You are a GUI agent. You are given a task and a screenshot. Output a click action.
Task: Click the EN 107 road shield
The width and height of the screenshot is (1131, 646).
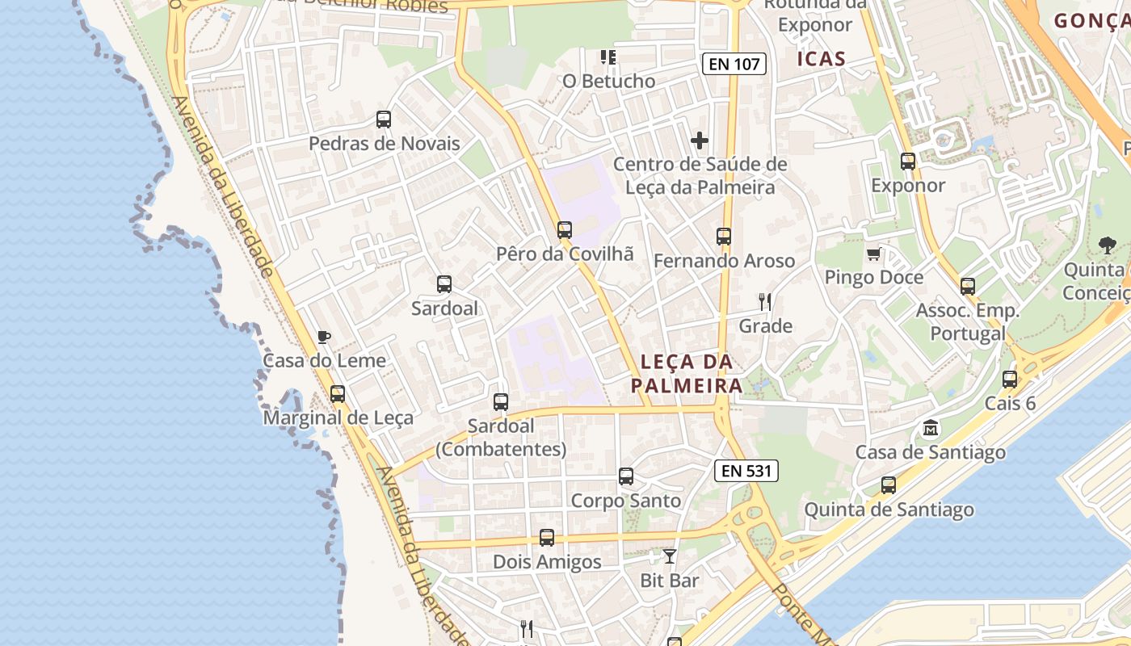tap(734, 64)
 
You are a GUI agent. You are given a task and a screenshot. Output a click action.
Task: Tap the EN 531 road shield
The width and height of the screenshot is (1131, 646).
tap(746, 471)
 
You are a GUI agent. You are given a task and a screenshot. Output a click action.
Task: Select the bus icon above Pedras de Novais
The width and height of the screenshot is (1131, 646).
tap(384, 120)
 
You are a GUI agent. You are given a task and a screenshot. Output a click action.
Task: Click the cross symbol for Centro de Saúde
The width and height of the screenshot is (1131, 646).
tap(700, 141)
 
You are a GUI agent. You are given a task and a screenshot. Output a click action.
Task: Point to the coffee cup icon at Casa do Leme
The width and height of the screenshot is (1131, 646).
tap(324, 337)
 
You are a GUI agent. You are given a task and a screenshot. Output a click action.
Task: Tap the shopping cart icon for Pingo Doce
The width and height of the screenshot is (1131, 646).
tap(873, 254)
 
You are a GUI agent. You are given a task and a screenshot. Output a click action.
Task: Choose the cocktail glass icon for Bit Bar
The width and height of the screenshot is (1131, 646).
tap(670, 556)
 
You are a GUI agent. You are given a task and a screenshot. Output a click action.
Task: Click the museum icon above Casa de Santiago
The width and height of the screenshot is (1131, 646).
tap(931, 428)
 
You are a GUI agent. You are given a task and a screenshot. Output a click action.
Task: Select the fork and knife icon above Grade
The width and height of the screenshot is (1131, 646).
tap(765, 303)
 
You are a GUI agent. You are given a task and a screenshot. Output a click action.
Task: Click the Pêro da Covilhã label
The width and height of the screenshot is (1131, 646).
tap(565, 254)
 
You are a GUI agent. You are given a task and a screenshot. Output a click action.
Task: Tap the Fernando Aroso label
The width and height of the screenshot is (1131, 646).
tap(724, 261)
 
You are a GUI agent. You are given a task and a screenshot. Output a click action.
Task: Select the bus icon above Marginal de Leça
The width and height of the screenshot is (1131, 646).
tap(338, 394)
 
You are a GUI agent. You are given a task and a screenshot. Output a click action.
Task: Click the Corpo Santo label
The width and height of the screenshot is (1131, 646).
tap(626, 501)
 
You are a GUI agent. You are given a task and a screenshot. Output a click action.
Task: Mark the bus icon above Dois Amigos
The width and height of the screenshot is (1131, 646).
tap(547, 538)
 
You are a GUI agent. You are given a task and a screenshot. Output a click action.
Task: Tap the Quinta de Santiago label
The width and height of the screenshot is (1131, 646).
tap(889, 510)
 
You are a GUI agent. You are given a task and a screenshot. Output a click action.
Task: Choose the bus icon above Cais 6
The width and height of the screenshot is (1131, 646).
tap(1010, 380)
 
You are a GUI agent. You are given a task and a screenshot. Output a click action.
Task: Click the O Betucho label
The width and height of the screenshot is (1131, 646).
tap(609, 81)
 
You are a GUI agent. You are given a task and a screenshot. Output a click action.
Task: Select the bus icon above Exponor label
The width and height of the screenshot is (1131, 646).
tap(908, 161)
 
